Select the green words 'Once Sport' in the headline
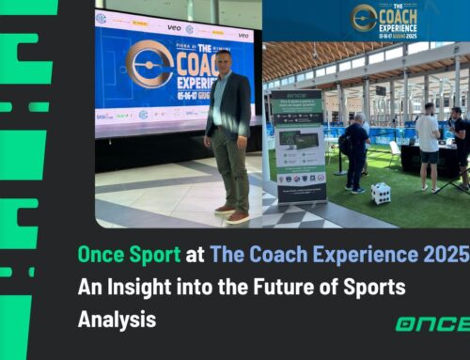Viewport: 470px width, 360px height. point(133,250)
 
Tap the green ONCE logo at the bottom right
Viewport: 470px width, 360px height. point(431,323)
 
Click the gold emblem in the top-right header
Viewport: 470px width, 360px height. point(366,18)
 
